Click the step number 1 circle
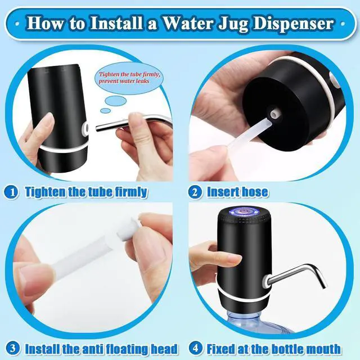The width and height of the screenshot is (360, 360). [11, 192]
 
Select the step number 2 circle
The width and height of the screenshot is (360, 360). [195, 192]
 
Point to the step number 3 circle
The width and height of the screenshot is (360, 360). [12, 349]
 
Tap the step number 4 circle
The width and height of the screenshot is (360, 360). [196, 349]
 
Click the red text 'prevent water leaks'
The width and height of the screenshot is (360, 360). [124, 81]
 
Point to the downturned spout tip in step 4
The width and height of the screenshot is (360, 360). [324, 286]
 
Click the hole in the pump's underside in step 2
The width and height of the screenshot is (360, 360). [274, 114]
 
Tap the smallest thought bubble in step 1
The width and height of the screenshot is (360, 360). [106, 111]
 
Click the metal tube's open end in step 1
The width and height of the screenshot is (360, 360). [97, 128]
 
